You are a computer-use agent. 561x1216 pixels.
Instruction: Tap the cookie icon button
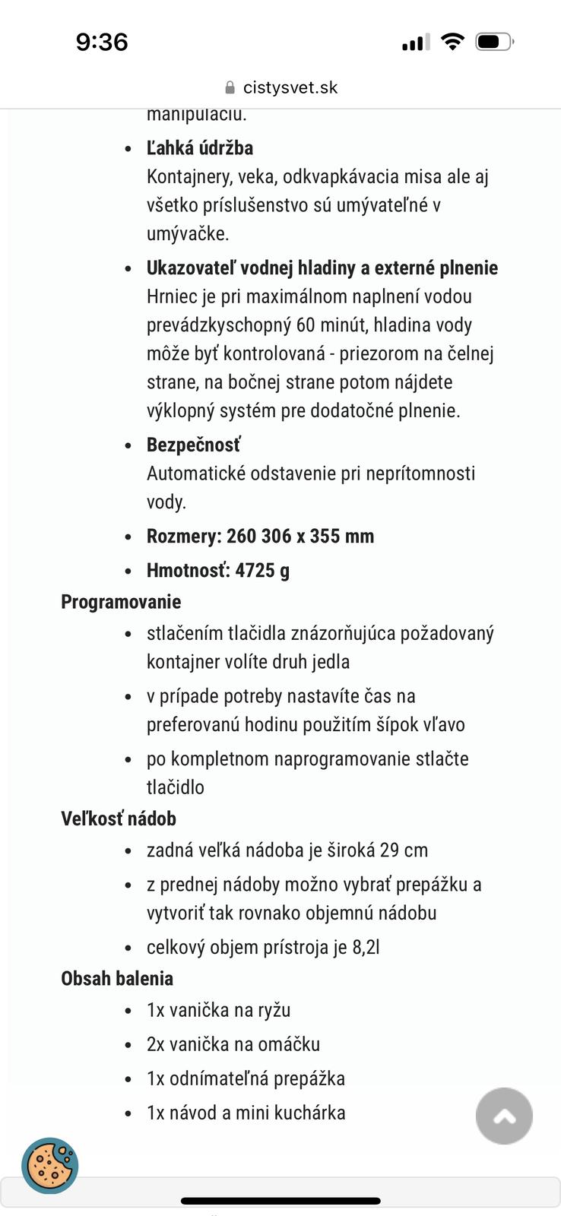click(50, 1165)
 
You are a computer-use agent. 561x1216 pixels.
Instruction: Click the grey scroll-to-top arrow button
click(504, 1116)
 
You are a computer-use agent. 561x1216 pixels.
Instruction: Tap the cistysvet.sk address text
click(290, 87)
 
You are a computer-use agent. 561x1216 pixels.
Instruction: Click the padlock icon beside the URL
click(230, 88)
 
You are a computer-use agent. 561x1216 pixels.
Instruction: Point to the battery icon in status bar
click(494, 42)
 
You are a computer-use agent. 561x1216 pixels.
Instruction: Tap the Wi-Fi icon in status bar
click(452, 42)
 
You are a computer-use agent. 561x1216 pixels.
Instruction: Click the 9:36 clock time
click(102, 42)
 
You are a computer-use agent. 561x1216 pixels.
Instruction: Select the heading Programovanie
click(121, 602)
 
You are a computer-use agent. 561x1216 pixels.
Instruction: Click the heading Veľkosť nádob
click(119, 819)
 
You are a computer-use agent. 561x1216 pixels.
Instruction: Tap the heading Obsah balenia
click(117, 978)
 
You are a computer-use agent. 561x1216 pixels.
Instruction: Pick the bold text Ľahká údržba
click(200, 147)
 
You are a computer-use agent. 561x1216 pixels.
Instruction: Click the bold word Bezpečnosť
click(194, 445)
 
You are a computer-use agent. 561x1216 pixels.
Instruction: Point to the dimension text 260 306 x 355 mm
click(300, 536)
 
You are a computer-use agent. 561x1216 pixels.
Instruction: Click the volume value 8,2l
click(366, 947)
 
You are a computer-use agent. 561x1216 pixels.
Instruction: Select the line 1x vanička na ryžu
click(219, 1010)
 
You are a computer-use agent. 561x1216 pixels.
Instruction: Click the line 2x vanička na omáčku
click(233, 1044)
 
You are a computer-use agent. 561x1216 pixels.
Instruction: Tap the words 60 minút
click(329, 325)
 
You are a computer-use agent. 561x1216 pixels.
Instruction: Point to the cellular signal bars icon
click(415, 43)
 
